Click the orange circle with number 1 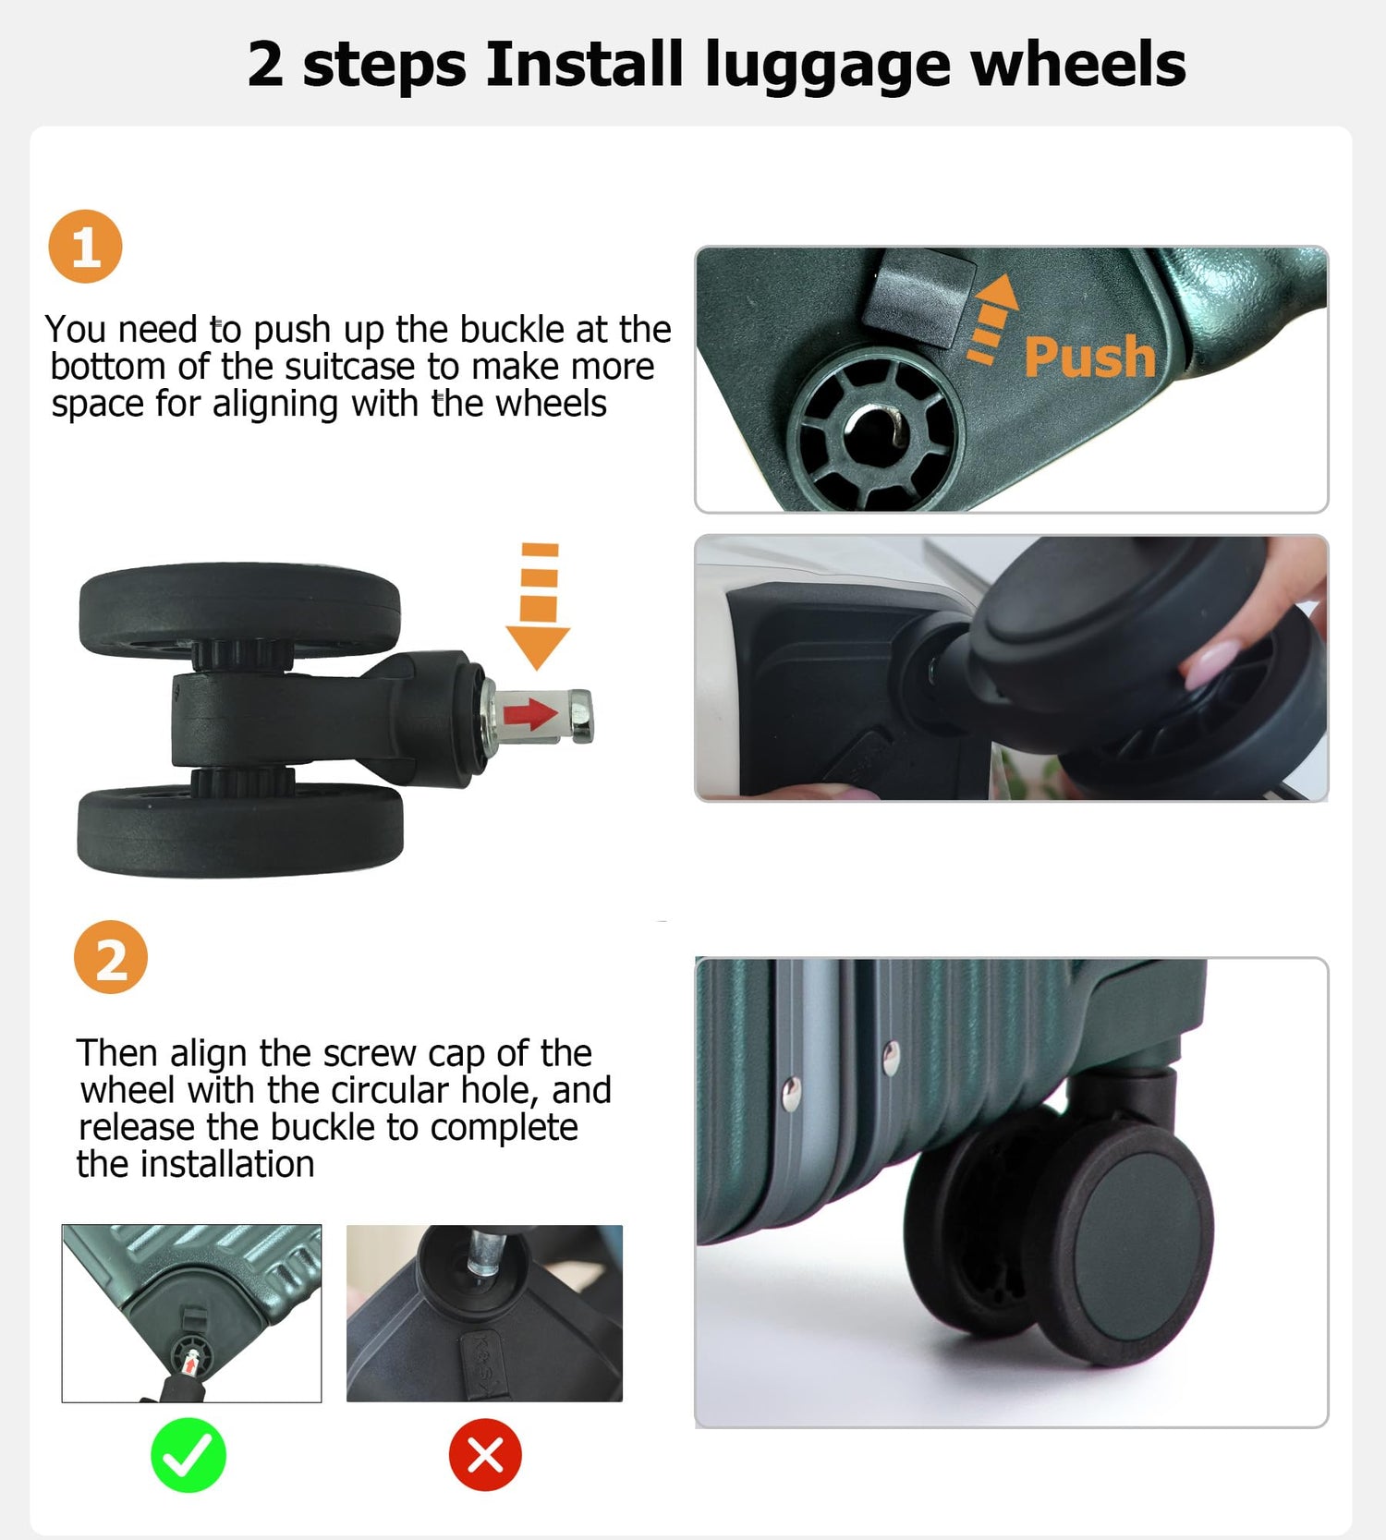pyautogui.click(x=85, y=247)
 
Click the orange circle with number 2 pyautogui.click(x=111, y=957)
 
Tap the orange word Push pyautogui.click(x=1088, y=357)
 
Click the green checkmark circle pyautogui.click(x=188, y=1455)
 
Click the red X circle pyautogui.click(x=485, y=1455)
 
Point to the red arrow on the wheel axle pyautogui.click(x=530, y=713)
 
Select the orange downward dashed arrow pyautogui.click(x=538, y=605)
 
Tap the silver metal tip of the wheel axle pyautogui.click(x=581, y=716)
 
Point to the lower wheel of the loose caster pyautogui.click(x=240, y=829)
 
